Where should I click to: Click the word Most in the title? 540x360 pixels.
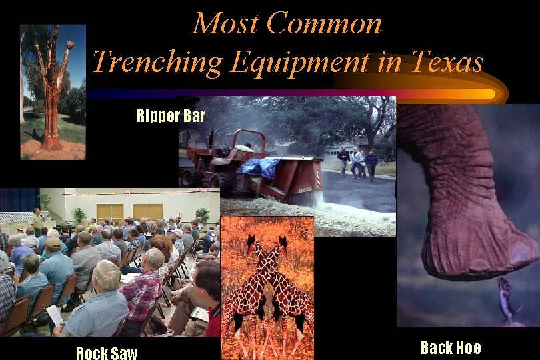coord(221,24)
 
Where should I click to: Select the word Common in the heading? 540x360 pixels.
coord(324,24)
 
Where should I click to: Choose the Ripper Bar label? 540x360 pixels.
coord(171,117)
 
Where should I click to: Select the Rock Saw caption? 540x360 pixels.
coord(107,353)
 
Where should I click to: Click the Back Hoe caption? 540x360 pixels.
coord(451,347)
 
